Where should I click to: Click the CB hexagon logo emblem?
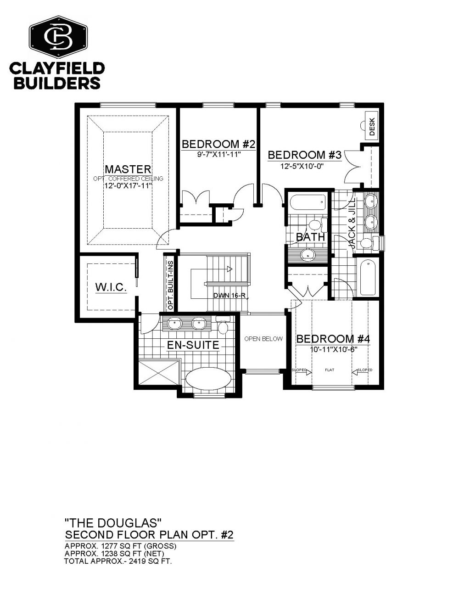click(x=58, y=37)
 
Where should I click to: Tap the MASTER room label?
click(x=128, y=169)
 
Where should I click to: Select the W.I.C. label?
click(x=111, y=287)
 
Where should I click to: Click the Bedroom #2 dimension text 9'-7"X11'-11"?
click(x=219, y=154)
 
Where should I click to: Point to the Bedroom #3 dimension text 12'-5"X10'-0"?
click(x=302, y=166)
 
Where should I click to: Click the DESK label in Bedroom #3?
click(x=372, y=126)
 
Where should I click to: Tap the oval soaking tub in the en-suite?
click(x=208, y=378)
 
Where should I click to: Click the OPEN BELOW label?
click(x=263, y=339)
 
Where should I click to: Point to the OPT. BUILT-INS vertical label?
click(x=171, y=286)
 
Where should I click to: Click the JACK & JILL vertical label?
click(x=353, y=223)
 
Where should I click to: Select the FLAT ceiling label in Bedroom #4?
click(x=330, y=370)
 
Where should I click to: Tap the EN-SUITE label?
click(x=193, y=345)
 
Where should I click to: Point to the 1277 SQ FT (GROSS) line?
click(x=120, y=546)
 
